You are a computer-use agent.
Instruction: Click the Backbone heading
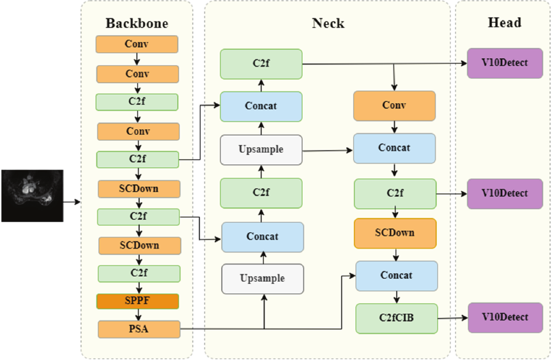coord(137,24)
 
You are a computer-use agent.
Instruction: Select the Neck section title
coord(328,24)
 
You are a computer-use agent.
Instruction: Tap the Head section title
coord(504,22)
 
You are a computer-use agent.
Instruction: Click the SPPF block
coord(137,301)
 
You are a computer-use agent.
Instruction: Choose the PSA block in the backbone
coord(137,329)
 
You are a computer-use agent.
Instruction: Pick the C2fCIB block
coord(397,318)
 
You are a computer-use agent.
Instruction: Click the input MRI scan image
coord(32,196)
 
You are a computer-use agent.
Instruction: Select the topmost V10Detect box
coord(505,63)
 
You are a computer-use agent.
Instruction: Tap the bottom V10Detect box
coord(505,318)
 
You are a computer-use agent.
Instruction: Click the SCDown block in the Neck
coord(395,233)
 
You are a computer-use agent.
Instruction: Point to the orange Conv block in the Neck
coord(394,106)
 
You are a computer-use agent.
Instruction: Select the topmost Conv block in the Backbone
coord(137,44)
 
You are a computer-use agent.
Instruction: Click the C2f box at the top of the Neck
coord(261,64)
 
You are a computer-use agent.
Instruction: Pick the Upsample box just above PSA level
coord(263,279)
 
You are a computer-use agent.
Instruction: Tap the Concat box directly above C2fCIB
coord(396,276)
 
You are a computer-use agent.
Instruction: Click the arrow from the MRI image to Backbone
coord(72,202)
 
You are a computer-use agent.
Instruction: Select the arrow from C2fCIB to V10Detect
coord(452,318)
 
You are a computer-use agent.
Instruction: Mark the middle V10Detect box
coord(505,193)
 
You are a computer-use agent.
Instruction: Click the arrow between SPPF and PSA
coord(137,315)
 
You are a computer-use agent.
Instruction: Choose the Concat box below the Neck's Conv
coord(394,148)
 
